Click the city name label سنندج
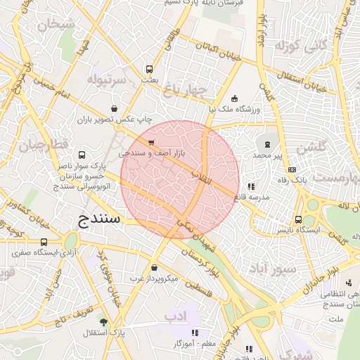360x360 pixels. pyautogui.click(x=98, y=221)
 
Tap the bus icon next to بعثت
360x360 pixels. pyautogui.click(x=149, y=69)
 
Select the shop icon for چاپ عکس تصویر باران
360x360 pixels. pyautogui.click(x=114, y=108)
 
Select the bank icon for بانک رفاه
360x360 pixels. pyautogui.click(x=292, y=169)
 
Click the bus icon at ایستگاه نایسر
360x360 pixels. pyautogui.click(x=298, y=219)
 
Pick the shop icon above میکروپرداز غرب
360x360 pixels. pyautogui.click(x=155, y=267)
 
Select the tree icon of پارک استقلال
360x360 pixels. pyautogui.click(x=104, y=321)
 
